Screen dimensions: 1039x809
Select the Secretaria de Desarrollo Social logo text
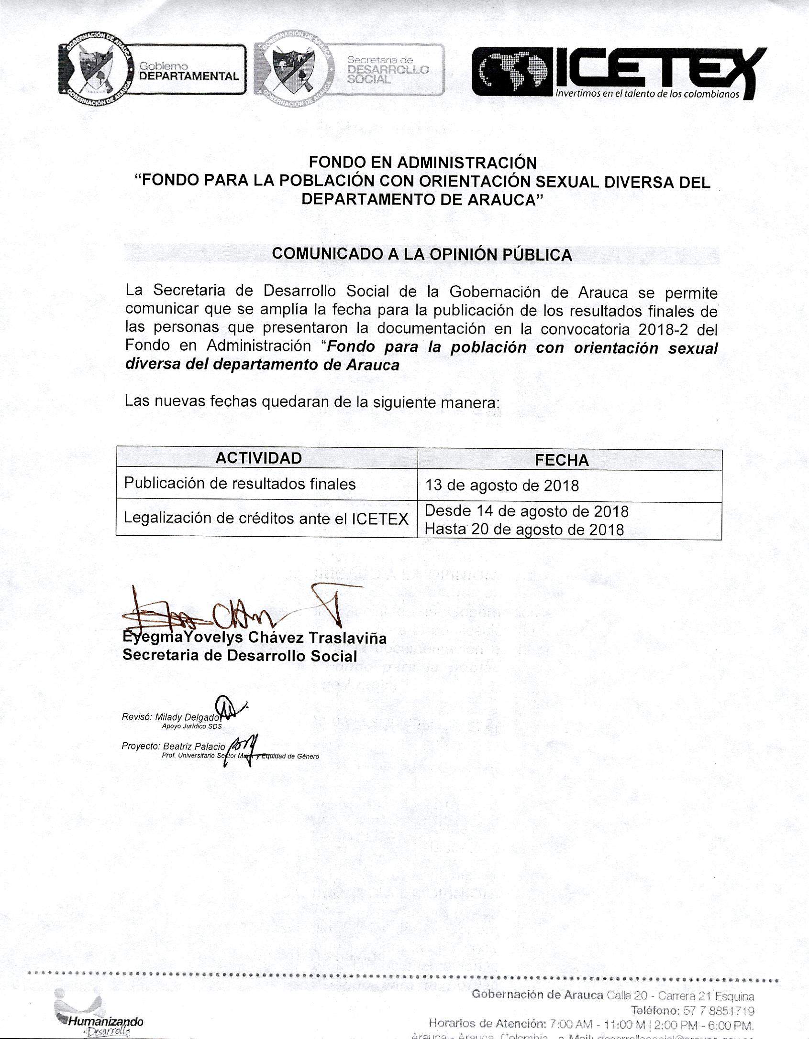[x=388, y=70]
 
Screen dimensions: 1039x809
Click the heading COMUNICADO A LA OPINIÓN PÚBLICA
[x=421, y=254]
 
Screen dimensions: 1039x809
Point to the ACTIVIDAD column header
[x=258, y=458]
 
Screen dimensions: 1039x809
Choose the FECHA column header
[x=561, y=460]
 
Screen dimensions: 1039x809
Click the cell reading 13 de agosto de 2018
[x=502, y=486]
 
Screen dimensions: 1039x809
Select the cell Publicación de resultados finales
[x=240, y=484]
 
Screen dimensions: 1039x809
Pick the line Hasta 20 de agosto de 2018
[x=524, y=529]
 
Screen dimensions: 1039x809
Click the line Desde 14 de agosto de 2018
[x=526, y=511]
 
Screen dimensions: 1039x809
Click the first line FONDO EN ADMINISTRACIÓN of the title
[x=422, y=162]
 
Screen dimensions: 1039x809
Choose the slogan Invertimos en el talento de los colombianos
[x=647, y=94]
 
